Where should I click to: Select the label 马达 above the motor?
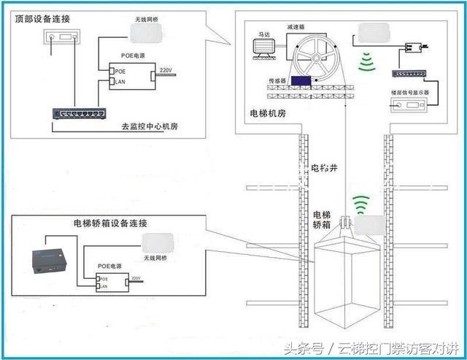265,34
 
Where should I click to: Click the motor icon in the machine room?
262,48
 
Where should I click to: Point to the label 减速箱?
296,26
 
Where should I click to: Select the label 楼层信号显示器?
410,93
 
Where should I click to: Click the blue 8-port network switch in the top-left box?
79,113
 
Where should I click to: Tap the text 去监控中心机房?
150,126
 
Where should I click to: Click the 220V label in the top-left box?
166,69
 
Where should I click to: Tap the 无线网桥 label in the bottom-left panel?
155,257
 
